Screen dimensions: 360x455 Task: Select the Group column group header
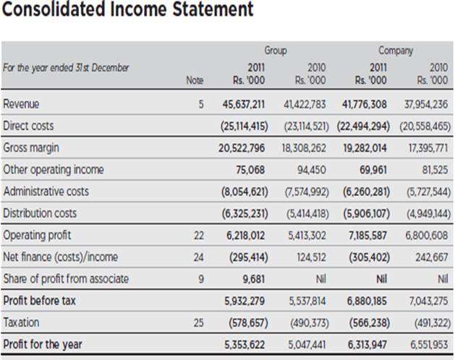click(x=275, y=51)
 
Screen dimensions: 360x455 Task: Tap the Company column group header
click(x=395, y=51)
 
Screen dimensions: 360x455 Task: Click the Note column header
click(x=195, y=81)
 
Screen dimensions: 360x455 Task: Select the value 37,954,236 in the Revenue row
click(x=424, y=104)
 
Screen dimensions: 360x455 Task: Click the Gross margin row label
click(x=31, y=147)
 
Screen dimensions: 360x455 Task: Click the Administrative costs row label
click(x=46, y=192)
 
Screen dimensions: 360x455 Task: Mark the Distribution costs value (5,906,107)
click(x=365, y=213)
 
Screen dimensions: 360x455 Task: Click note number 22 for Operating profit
click(x=199, y=236)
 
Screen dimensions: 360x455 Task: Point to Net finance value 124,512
click(x=310, y=257)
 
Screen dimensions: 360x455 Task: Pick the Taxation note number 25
click(x=199, y=322)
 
